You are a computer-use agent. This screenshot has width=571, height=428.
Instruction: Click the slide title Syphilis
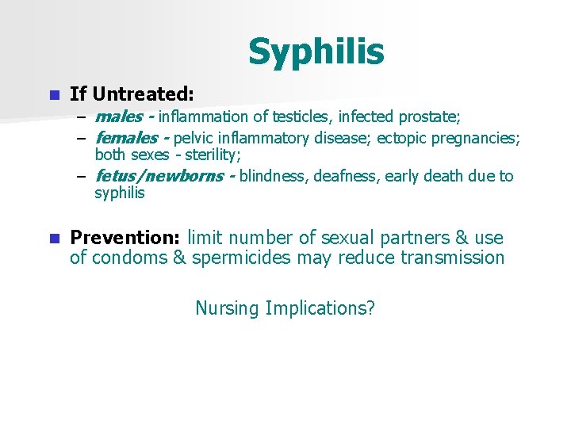point(316,52)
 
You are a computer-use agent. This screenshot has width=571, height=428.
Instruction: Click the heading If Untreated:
point(132,94)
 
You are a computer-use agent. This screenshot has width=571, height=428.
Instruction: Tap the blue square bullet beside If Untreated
point(53,95)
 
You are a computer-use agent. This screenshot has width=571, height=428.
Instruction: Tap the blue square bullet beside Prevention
point(53,239)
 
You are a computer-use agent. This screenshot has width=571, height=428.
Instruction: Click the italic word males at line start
point(117,117)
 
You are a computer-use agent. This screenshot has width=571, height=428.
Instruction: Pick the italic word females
point(125,139)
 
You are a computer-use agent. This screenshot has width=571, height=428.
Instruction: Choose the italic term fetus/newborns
point(159,176)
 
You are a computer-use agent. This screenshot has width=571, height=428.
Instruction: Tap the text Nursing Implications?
point(285,308)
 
